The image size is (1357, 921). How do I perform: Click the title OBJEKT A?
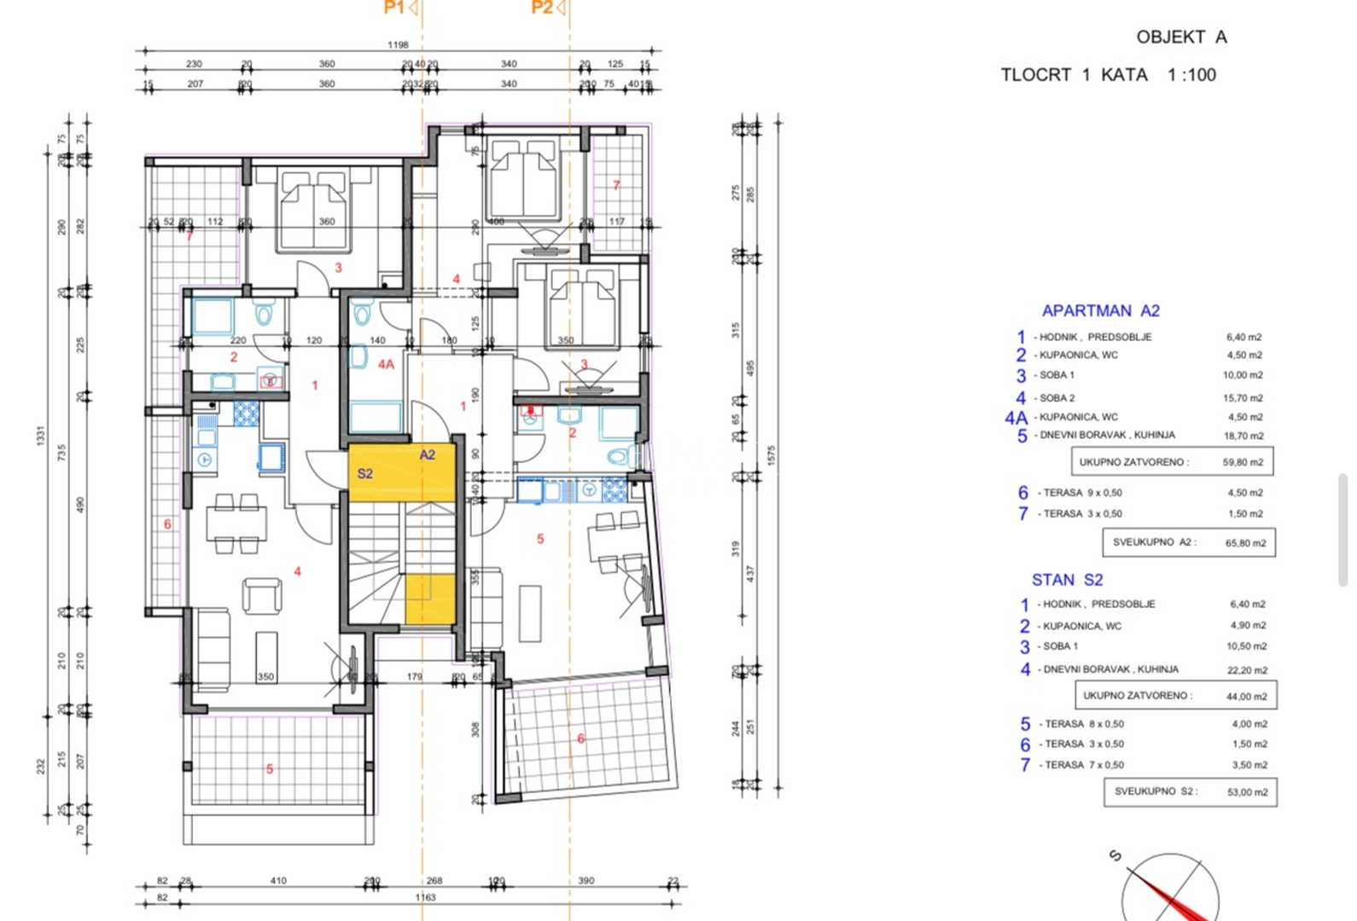1181,37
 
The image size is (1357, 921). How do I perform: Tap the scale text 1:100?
1191,75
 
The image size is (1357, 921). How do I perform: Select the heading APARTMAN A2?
1100,311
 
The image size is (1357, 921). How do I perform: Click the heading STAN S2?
1067,580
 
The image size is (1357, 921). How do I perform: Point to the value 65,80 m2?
1245,542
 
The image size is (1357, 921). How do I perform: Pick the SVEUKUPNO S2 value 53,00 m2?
1247,792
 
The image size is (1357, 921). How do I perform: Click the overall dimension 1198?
398,44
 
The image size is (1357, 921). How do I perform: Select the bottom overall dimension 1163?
425,897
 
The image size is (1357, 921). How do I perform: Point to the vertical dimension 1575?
772,455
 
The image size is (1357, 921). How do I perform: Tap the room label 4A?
386,364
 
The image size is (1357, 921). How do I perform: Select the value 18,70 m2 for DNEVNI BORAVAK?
1243,436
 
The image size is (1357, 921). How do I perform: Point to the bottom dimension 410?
278,880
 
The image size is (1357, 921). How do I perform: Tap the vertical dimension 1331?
40,436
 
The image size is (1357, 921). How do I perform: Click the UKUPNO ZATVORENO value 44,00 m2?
1246,697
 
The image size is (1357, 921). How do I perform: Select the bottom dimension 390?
585,880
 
